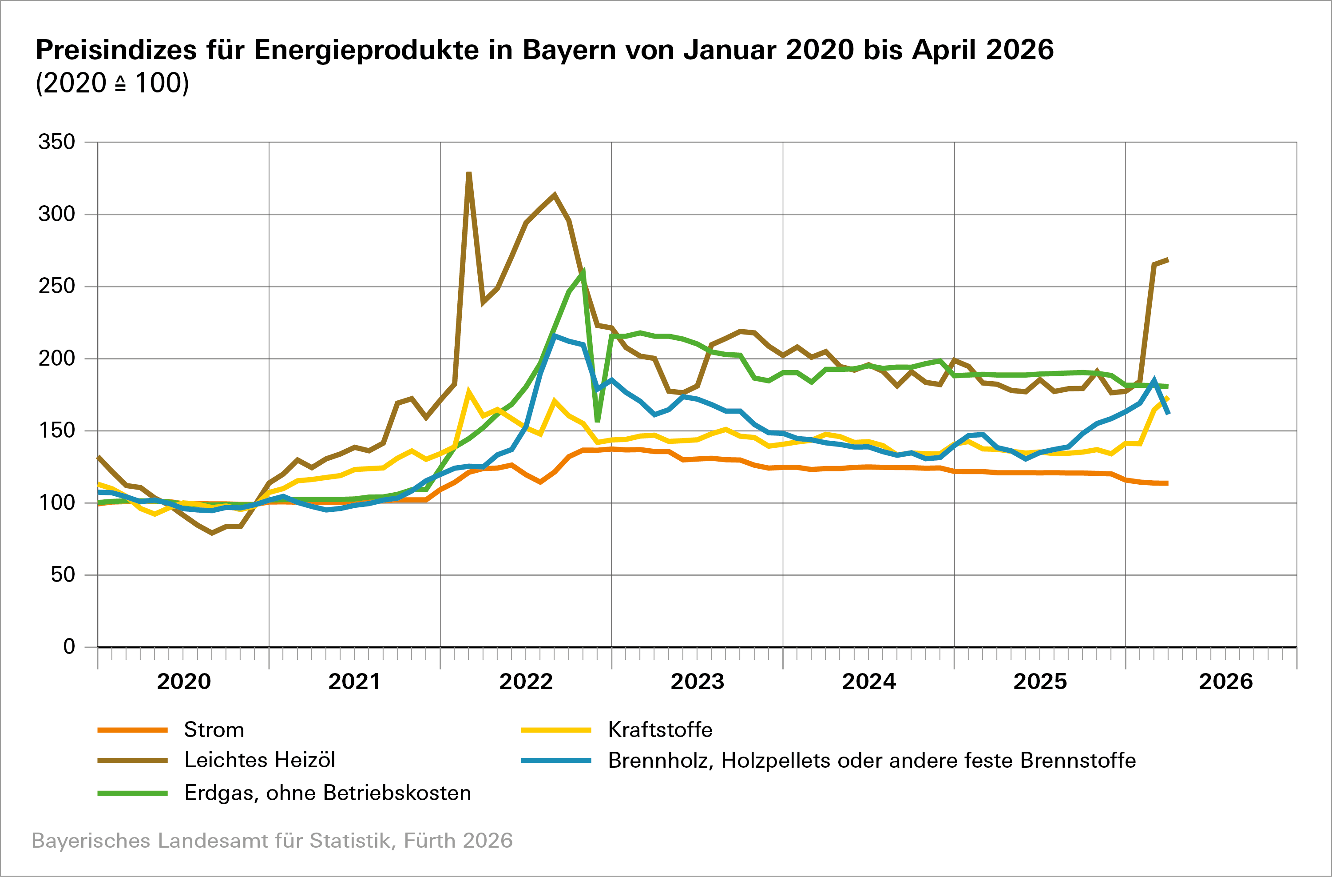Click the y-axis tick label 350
click(x=56, y=142)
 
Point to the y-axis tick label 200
click(x=56, y=359)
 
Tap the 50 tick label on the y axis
click(x=63, y=574)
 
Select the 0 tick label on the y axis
click(x=69, y=647)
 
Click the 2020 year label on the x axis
click(x=183, y=682)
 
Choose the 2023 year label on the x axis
click(x=698, y=682)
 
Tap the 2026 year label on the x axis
click(x=1226, y=682)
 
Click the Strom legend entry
click(x=214, y=730)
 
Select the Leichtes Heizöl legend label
click(x=260, y=760)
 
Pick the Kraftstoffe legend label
click(x=660, y=730)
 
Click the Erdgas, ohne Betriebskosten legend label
click(x=327, y=793)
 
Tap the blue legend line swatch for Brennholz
click(x=556, y=761)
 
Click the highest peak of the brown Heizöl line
click(x=469, y=173)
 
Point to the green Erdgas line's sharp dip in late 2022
click(x=598, y=421)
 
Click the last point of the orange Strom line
click(x=1167, y=483)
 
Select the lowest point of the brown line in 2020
click(x=211, y=533)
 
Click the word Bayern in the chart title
click(x=569, y=50)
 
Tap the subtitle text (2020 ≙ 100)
click(x=112, y=83)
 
